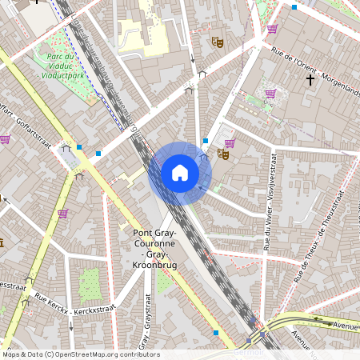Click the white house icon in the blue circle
[x=180, y=173]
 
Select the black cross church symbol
[x=310, y=80]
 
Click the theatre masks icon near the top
[x=216, y=41]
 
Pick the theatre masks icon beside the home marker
[x=225, y=155]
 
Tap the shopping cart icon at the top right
[x=272, y=29]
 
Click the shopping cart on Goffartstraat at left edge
[x=5, y=138]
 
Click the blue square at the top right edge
[x=294, y=6]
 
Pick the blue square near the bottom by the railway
[x=216, y=333]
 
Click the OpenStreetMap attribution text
[x=80, y=354]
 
